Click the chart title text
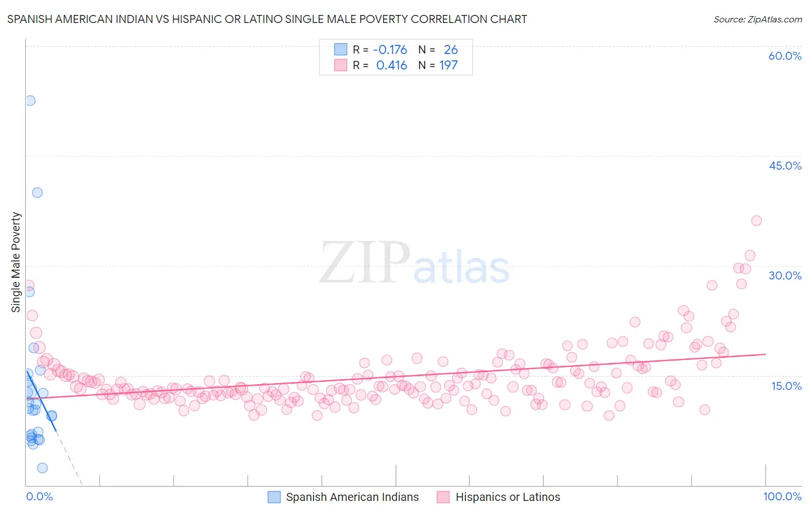click(267, 19)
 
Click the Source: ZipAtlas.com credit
click(757, 19)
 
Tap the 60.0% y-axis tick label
click(785, 56)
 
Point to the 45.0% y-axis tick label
click(785, 166)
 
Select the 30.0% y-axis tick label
click(785, 275)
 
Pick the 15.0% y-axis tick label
click(786, 386)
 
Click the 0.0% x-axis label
click(39, 496)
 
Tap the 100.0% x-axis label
click(782, 496)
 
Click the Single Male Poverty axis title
click(16, 262)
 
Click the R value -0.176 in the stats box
click(390, 50)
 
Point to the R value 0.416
click(391, 66)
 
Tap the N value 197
click(448, 66)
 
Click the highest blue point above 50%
click(30, 101)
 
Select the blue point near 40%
click(37, 193)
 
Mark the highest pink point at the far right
click(756, 221)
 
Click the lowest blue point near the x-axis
click(42, 468)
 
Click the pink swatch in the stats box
click(341, 66)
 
